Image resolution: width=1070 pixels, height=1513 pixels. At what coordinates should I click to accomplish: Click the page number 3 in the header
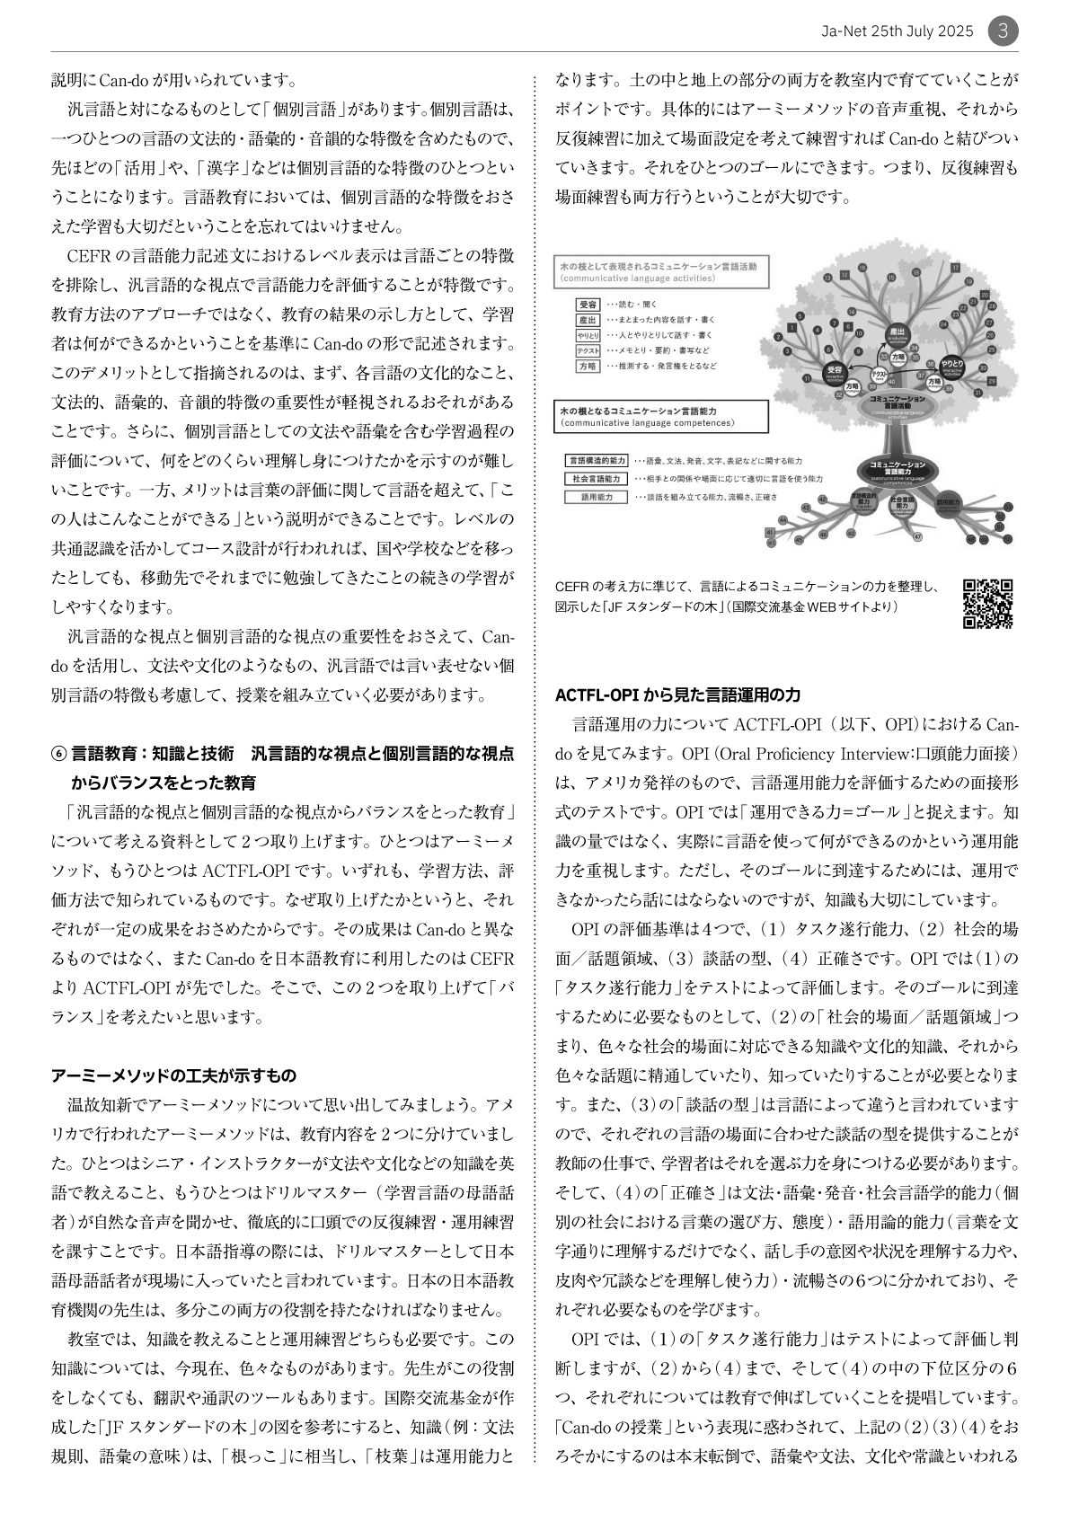tap(1004, 31)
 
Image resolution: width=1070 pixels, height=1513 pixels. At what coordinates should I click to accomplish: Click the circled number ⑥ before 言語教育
tap(59, 754)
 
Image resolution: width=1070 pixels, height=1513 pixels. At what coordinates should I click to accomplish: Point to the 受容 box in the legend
tap(588, 305)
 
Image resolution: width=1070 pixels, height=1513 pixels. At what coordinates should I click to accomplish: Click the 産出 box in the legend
tap(588, 320)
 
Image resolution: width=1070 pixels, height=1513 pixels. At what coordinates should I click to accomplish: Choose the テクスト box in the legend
tap(588, 350)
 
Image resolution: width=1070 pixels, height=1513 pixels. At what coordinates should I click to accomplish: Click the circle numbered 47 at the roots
tap(917, 537)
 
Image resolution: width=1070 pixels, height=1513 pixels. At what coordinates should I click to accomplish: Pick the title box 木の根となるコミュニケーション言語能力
tap(660, 416)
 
